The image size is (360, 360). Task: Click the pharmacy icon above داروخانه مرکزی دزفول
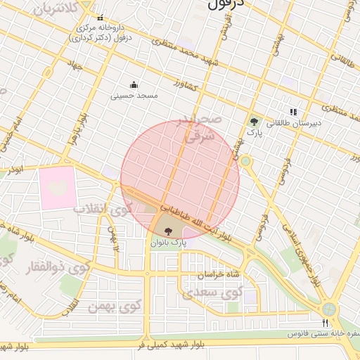tap(100, 18)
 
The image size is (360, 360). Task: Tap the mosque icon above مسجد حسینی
tap(134, 85)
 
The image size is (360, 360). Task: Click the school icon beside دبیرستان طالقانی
tap(293, 112)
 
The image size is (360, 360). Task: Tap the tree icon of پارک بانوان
tap(168, 231)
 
